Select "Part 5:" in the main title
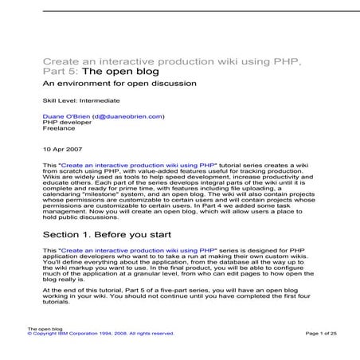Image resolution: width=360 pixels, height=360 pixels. [61, 71]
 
